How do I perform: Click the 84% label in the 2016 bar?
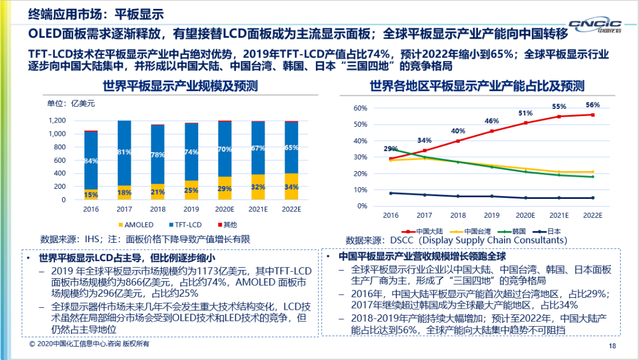[91, 160]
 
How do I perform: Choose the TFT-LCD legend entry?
[183, 224]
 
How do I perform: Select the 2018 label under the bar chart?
[157, 210]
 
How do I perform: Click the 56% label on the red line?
[592, 105]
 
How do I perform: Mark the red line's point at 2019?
[492, 131]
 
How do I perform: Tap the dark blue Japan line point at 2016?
[391, 193]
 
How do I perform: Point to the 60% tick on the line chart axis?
[360, 108]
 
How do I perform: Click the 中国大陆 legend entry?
[424, 231]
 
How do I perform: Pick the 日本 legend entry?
[547, 231]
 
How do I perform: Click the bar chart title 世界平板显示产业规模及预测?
[180, 86]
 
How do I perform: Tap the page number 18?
[612, 346]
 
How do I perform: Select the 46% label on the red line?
[492, 121]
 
